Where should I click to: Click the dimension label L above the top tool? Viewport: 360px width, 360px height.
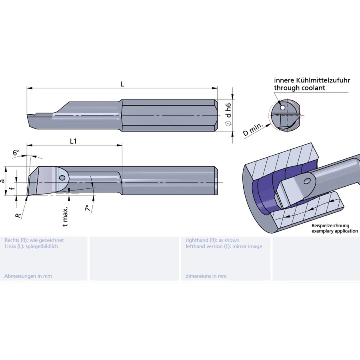coord(122,84)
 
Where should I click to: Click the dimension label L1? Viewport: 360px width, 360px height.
coord(74,141)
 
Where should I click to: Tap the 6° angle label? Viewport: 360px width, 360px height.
coord(16,153)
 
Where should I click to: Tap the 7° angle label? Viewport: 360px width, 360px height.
coord(88,207)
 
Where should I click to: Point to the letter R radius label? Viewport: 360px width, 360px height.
coord(18,215)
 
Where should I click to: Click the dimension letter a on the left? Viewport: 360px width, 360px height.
coord(3,181)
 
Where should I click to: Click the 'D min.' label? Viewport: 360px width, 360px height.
coord(253,130)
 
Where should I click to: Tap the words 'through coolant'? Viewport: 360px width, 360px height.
coord(299,88)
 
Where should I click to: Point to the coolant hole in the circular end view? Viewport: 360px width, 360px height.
coord(283,107)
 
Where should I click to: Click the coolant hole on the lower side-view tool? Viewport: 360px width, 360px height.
coord(62,178)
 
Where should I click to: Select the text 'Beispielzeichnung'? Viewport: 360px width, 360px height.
coord(330,226)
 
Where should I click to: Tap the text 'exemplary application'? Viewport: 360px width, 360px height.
coord(334,231)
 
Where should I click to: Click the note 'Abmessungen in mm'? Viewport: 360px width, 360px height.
coord(28,276)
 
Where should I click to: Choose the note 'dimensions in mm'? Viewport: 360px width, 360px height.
coord(206,276)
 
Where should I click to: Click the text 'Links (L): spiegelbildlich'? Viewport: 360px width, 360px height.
coord(31,246)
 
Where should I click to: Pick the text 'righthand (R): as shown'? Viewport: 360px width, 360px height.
coord(212,240)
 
